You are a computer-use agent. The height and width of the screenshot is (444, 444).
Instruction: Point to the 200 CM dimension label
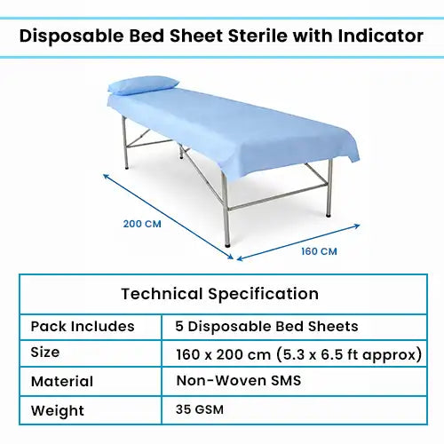pos(141,223)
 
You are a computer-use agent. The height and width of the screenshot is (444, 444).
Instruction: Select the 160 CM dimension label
pos(319,251)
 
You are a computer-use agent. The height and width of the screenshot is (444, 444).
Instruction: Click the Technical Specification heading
pos(219,293)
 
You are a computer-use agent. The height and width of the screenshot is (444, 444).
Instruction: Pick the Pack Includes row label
pos(83,326)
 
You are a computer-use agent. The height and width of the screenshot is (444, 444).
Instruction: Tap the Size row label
pos(45,353)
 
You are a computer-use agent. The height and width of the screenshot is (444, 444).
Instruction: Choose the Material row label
pos(62,382)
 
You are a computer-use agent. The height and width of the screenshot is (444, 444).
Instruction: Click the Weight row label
pos(56,411)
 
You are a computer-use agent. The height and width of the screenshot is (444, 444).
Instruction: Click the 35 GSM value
pos(201,411)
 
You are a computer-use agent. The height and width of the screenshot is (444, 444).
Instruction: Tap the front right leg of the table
pos(329,191)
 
